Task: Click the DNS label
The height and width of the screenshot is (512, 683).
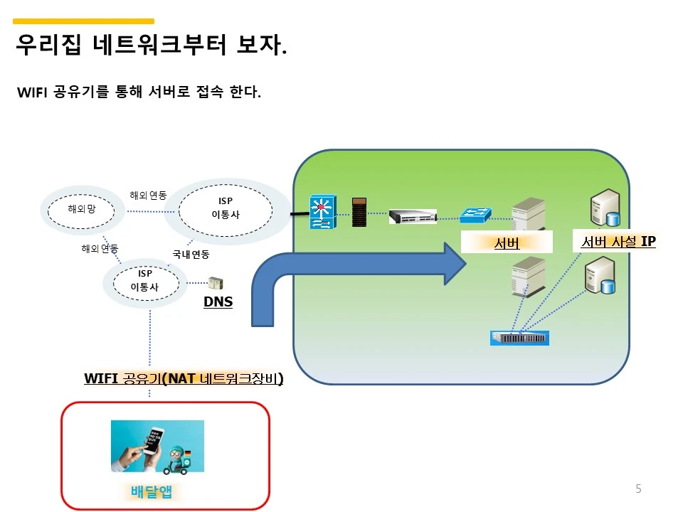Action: (x=218, y=302)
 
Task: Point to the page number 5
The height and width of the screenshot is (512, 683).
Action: (x=638, y=489)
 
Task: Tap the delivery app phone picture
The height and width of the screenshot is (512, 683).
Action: (x=157, y=447)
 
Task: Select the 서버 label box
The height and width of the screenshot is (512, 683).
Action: (x=507, y=243)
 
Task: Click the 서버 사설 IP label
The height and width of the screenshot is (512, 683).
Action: (x=618, y=242)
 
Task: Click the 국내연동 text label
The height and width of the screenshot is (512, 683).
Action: (x=191, y=253)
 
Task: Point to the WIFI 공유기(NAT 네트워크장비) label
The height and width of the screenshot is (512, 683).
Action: (x=184, y=379)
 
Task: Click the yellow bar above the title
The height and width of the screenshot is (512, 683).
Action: (x=84, y=21)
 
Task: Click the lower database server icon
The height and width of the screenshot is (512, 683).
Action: (x=599, y=277)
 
